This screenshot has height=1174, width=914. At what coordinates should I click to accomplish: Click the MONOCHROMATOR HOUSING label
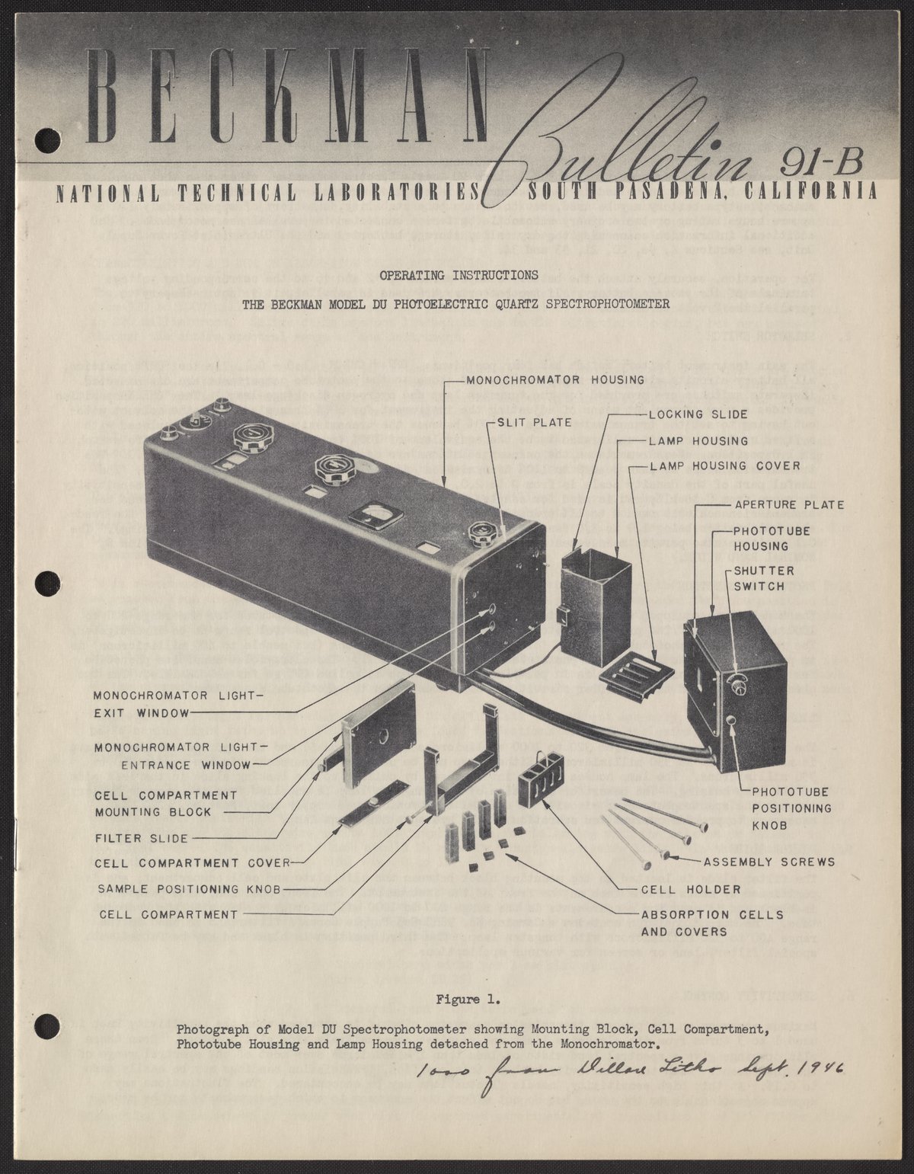click(x=555, y=379)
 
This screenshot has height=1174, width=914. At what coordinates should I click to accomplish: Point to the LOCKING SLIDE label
click(x=698, y=415)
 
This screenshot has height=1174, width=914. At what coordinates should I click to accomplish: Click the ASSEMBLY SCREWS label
click(x=769, y=862)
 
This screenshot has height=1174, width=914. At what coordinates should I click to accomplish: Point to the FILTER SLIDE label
click(x=141, y=838)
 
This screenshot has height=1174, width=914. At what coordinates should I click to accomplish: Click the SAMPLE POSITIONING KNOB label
click(x=190, y=889)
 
